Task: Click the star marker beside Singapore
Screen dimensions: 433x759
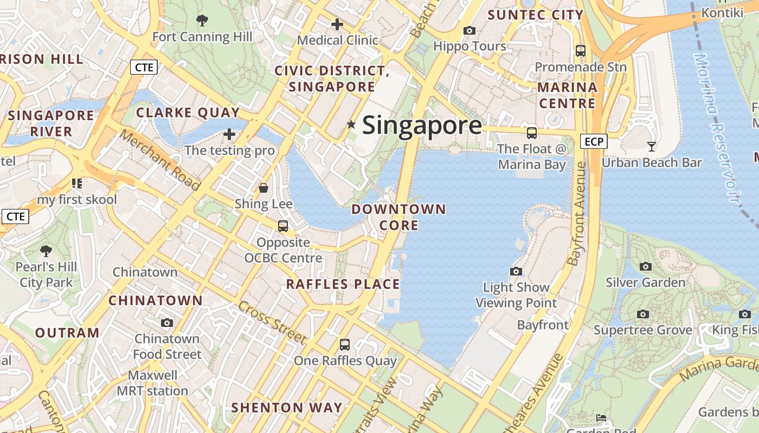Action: click(x=351, y=125)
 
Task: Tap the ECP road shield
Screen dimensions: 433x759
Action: click(x=594, y=142)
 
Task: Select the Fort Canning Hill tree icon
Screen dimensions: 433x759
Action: click(x=202, y=21)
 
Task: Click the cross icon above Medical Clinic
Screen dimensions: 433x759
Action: click(x=337, y=24)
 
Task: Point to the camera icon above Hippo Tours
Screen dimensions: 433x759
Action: click(x=469, y=31)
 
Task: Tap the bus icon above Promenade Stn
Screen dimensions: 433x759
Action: click(x=581, y=51)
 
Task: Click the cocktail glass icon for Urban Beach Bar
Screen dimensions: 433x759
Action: click(x=652, y=147)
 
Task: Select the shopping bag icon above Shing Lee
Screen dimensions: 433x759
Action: click(x=263, y=188)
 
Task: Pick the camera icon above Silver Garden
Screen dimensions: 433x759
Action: click(x=645, y=266)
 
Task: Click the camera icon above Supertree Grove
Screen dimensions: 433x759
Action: click(x=643, y=314)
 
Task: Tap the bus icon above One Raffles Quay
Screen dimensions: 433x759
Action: click(x=345, y=344)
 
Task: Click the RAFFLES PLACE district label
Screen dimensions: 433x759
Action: click(x=343, y=284)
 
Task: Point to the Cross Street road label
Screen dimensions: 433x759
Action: click(x=272, y=323)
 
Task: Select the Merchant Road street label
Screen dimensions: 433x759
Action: click(x=160, y=160)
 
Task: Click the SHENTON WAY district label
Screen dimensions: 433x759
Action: click(x=287, y=408)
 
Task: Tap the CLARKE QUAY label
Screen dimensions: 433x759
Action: click(x=188, y=113)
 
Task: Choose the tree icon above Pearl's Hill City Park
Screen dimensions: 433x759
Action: click(x=46, y=251)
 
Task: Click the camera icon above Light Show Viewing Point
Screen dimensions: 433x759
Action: click(x=516, y=271)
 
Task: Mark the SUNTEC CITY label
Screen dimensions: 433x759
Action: click(x=535, y=15)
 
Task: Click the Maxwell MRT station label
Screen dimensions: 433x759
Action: click(x=152, y=383)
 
